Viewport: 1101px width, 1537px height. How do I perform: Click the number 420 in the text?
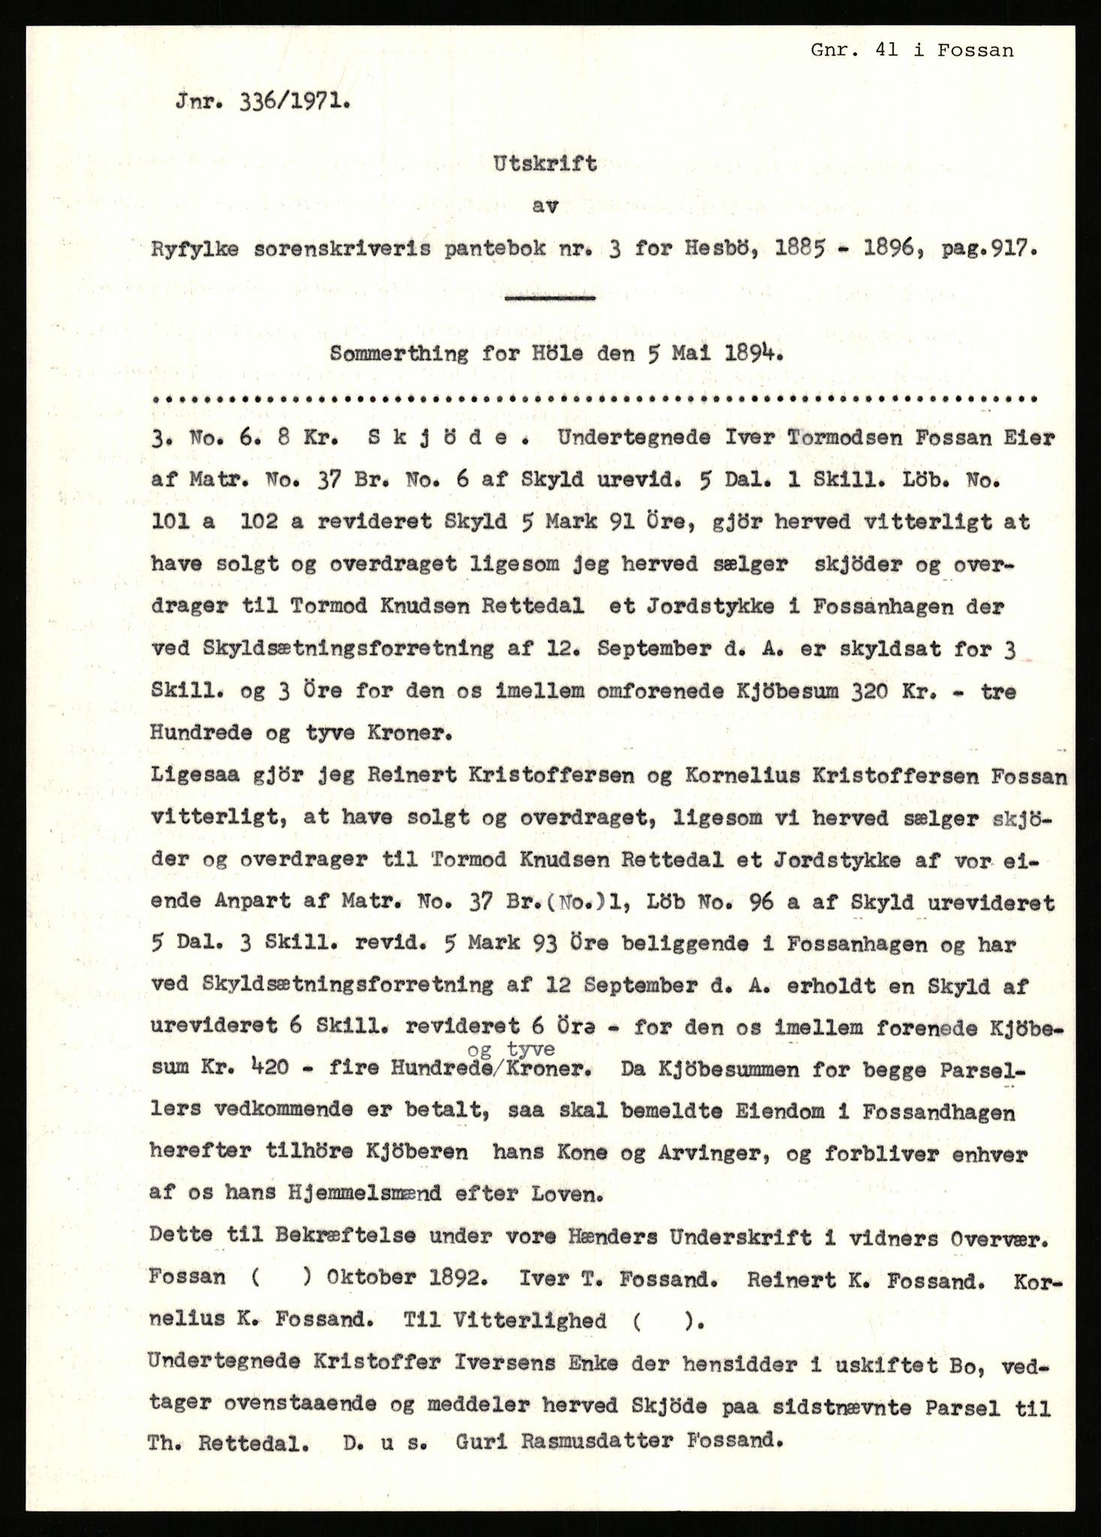pos(264,1069)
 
